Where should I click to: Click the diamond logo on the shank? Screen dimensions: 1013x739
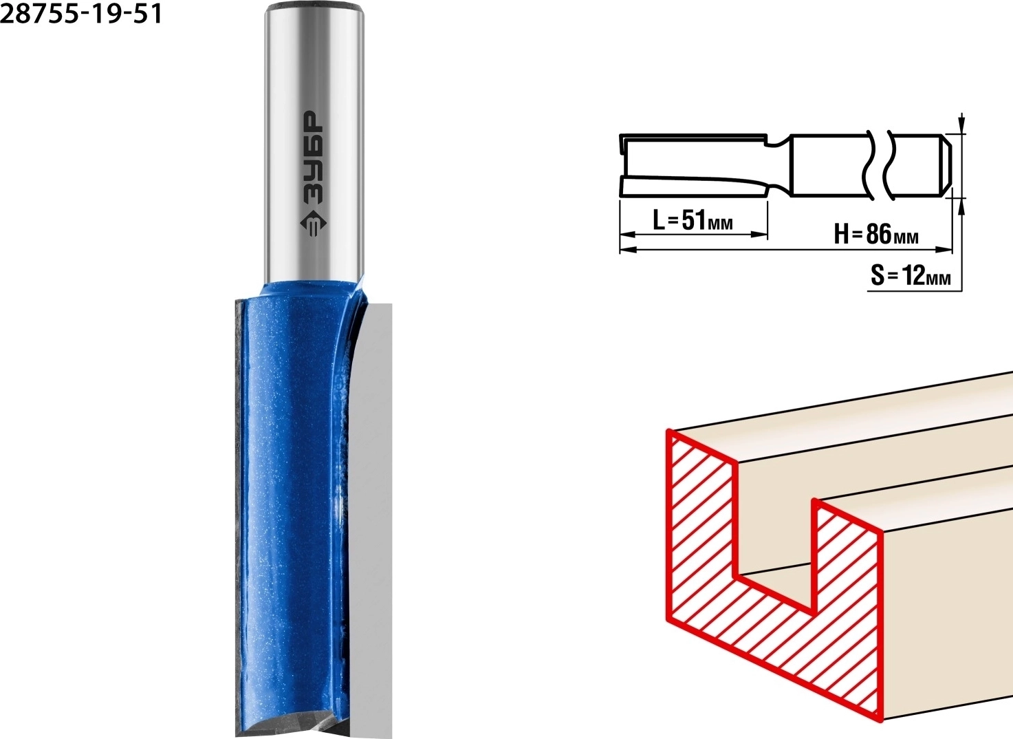click(314, 224)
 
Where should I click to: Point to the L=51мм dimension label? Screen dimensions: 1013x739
click(693, 221)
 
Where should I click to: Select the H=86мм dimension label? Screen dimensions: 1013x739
click(876, 234)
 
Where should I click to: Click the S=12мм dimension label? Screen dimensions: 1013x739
click(911, 275)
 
